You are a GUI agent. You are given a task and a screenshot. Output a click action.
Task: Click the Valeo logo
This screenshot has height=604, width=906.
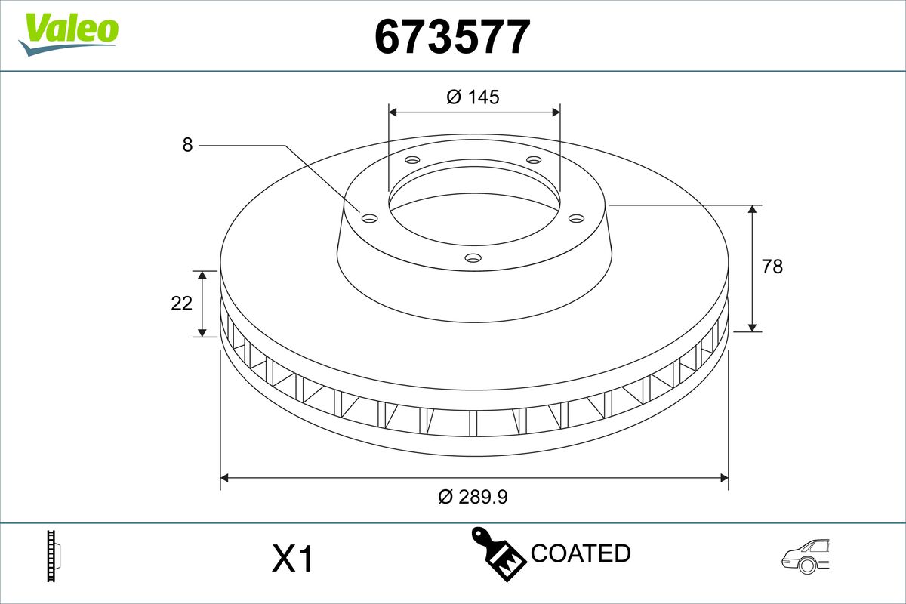[x=69, y=34]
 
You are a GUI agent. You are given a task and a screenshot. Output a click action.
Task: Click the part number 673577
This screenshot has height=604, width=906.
[x=452, y=36]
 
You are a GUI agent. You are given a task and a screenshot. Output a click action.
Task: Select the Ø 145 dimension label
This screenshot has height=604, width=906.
[x=473, y=97]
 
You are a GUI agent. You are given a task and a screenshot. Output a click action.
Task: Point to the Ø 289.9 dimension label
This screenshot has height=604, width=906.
[x=473, y=496]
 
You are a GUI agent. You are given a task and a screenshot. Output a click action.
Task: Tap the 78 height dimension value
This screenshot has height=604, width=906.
[x=772, y=267]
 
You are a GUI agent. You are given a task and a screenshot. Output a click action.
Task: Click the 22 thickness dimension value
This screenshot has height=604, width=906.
[x=181, y=304]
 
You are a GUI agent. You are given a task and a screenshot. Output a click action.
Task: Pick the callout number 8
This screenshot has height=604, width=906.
[x=187, y=145]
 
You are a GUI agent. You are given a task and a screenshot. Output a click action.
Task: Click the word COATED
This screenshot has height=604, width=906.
[x=581, y=553]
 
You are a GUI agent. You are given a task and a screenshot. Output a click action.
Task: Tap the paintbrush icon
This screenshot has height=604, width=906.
[x=499, y=554]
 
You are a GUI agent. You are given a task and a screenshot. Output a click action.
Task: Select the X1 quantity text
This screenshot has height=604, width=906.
[x=292, y=559]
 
